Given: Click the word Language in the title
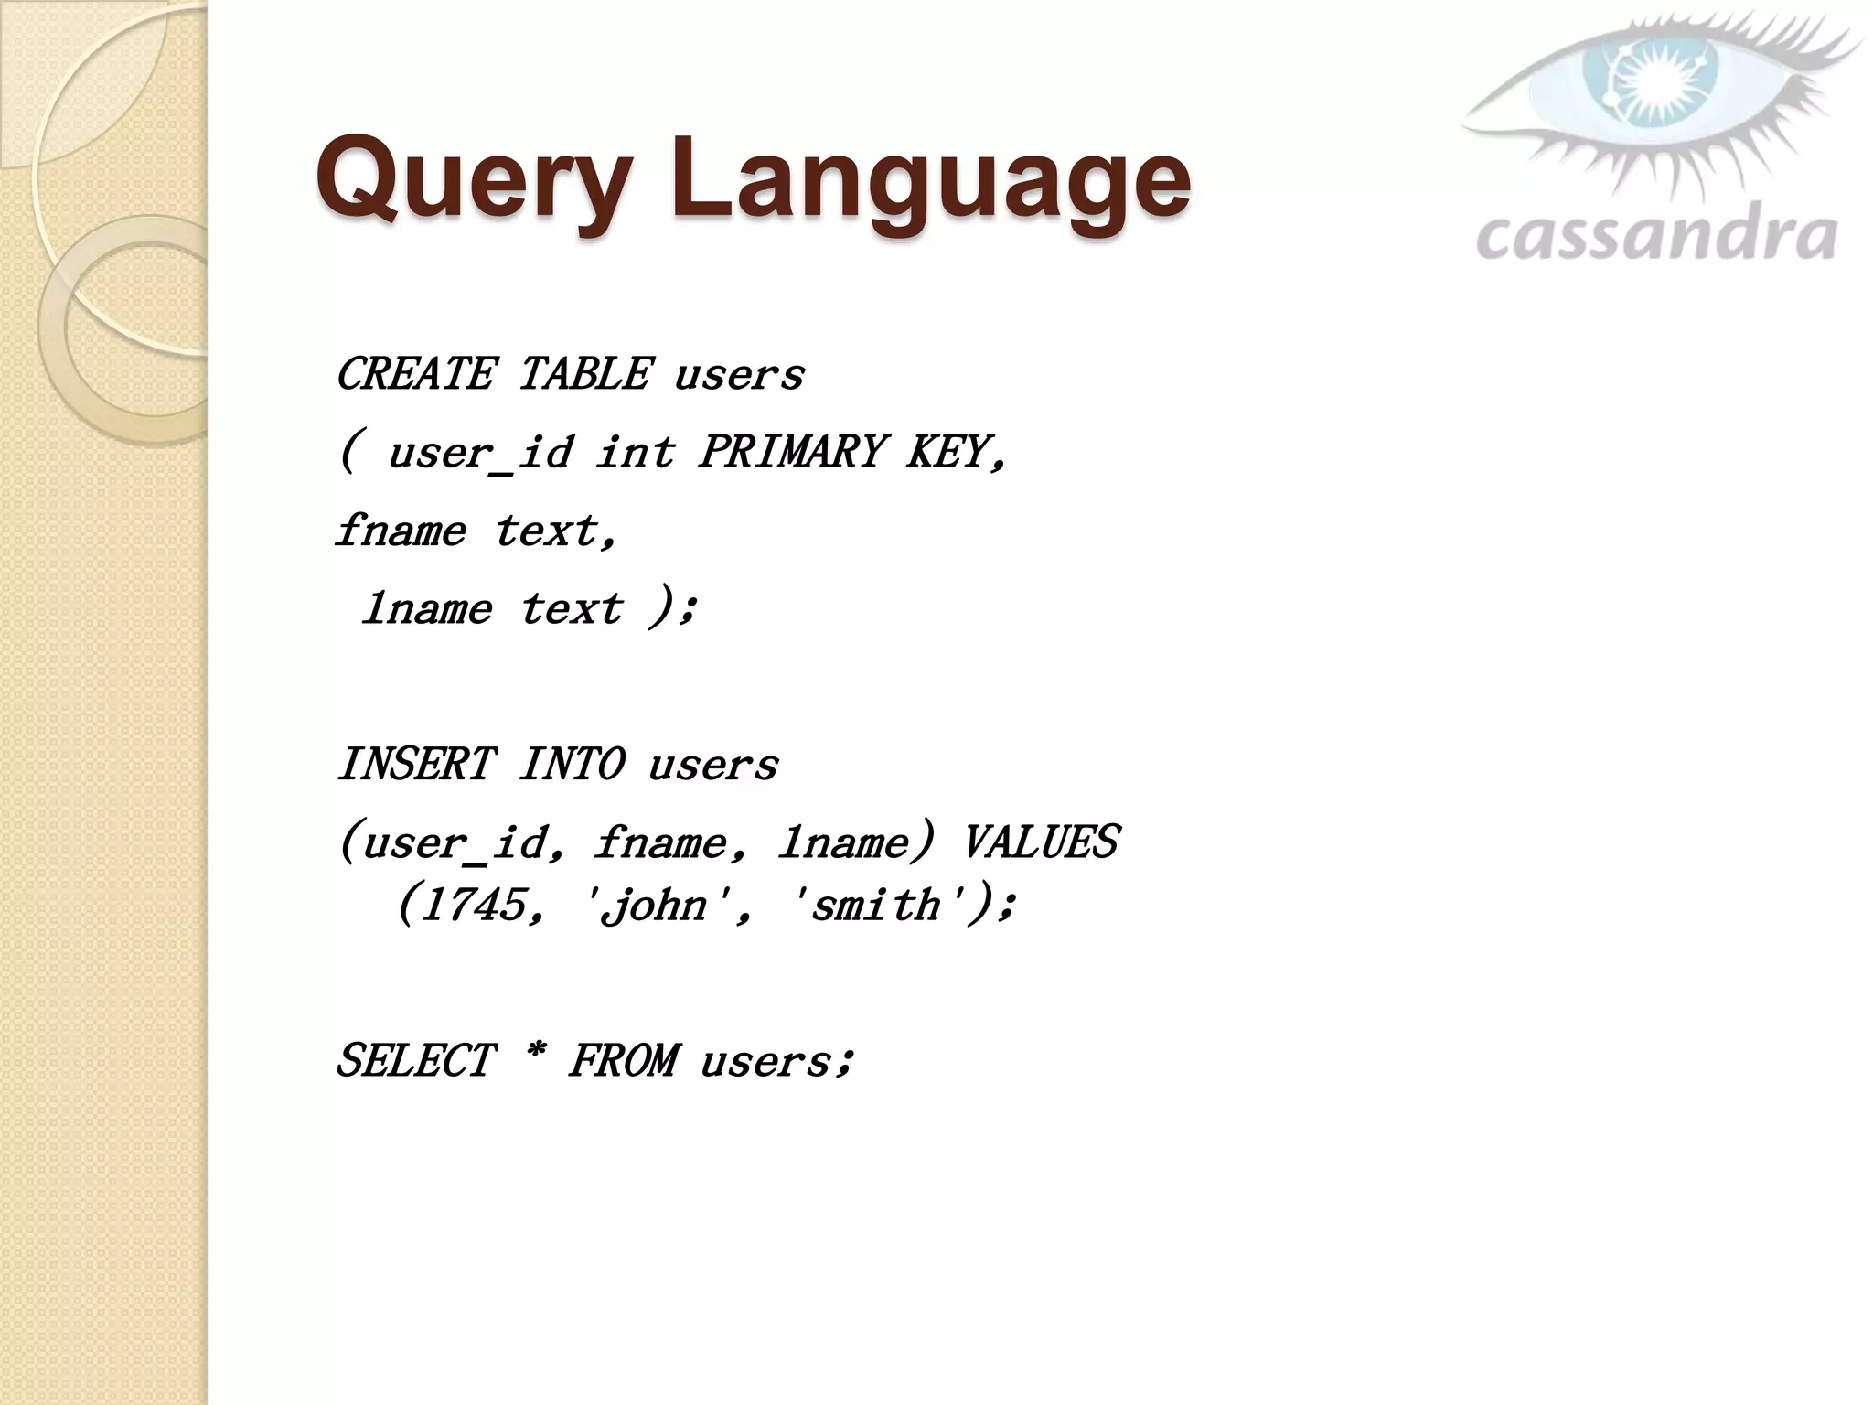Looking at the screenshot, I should (x=930, y=179).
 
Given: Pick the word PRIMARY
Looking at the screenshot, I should (x=792, y=452).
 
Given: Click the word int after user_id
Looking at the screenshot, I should (x=636, y=452).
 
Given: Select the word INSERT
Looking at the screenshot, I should (x=416, y=764).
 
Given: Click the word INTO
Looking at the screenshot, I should (x=573, y=764).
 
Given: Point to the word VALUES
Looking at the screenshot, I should (x=1040, y=842).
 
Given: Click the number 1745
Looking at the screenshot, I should (x=476, y=906).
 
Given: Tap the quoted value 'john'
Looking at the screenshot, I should (x=655, y=906).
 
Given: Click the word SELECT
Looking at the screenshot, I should (x=416, y=1062).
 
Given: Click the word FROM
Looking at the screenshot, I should (x=624, y=1062).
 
